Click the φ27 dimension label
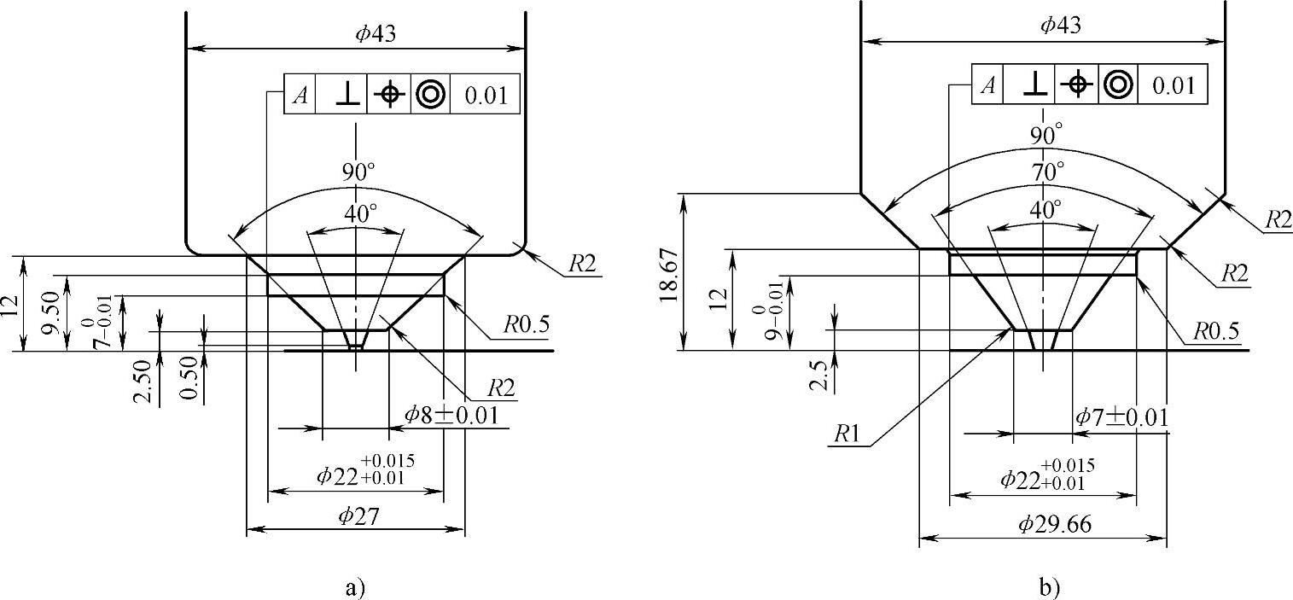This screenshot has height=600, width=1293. pyautogui.click(x=358, y=516)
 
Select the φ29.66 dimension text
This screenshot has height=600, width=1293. pyautogui.click(x=1054, y=524)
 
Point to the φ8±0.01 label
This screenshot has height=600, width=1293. pyautogui.click(x=451, y=415)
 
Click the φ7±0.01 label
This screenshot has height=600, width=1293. pyautogui.click(x=1121, y=417)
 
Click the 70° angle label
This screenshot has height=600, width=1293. pyautogui.click(x=1045, y=172)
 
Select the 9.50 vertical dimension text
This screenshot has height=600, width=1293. pyautogui.click(x=51, y=312)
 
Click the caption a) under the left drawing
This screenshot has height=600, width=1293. pyautogui.click(x=355, y=588)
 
